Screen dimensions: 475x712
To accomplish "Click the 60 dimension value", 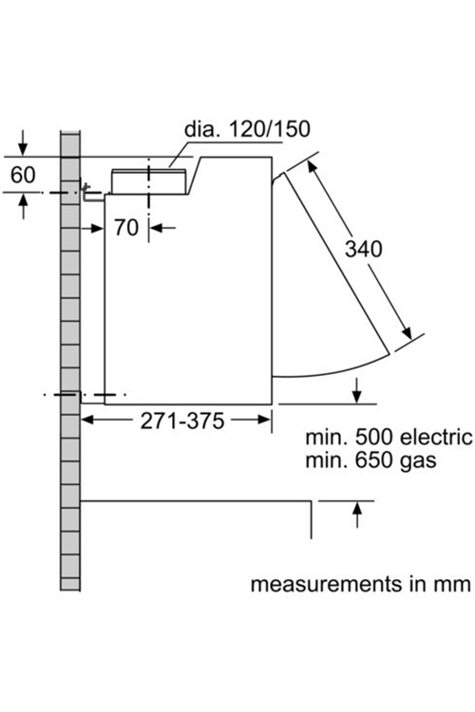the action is [x=23, y=175].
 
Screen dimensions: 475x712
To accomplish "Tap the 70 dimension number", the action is [x=126, y=228].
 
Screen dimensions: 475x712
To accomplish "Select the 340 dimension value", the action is [x=364, y=249].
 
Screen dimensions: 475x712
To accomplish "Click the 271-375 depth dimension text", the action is [x=181, y=421].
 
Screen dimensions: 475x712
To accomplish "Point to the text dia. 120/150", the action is [x=247, y=129].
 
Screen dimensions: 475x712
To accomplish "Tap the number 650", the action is [x=373, y=460].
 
